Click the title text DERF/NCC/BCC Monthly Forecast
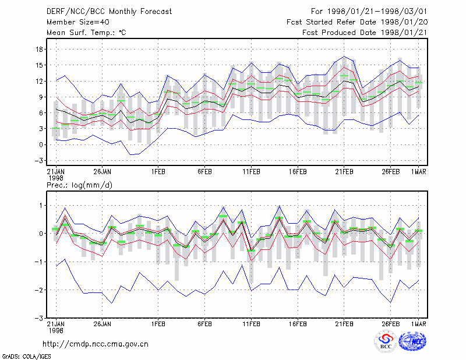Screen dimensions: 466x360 [x=109, y=12]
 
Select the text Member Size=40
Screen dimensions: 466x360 [x=78, y=22]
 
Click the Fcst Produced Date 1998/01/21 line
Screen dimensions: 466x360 [x=365, y=33]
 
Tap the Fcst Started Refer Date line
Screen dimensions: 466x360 [x=357, y=22]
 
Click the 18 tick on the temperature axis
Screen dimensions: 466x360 [x=39, y=50]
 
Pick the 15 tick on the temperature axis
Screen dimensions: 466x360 [x=39, y=65]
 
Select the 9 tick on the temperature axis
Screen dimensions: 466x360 [x=41, y=97]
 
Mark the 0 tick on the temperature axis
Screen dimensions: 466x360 [x=41, y=145]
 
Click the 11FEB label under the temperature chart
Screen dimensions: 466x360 [x=252, y=172]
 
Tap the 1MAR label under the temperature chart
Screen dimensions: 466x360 [x=418, y=172]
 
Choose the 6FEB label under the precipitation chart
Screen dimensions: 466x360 [x=205, y=324]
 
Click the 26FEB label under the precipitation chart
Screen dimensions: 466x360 [x=390, y=324]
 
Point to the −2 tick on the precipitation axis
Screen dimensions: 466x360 [x=38, y=290]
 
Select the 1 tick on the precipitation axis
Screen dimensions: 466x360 [x=41, y=206]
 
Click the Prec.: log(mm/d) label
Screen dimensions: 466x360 [x=79, y=185]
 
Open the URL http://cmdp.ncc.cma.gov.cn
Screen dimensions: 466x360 [x=96, y=344]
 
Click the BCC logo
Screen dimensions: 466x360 [x=386, y=341]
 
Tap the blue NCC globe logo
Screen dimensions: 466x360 [x=412, y=341]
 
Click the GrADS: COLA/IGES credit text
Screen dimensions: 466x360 [x=26, y=357]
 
